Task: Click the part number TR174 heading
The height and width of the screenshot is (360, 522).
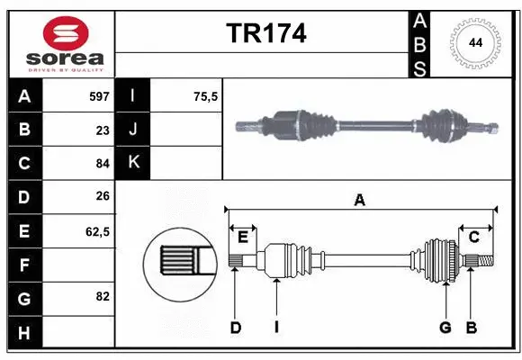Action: tap(265, 33)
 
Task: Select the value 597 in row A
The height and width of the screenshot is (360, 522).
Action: tap(98, 96)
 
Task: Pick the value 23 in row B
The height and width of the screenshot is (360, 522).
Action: tap(102, 130)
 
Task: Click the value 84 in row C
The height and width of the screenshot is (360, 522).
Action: tap(102, 164)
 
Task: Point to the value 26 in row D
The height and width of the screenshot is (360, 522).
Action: tap(102, 197)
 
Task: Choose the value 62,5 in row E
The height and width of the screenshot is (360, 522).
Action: tap(97, 231)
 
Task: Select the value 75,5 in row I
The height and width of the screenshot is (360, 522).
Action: tap(206, 96)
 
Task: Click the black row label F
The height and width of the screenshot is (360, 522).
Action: tap(24, 265)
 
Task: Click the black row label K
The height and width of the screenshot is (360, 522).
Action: tap(133, 164)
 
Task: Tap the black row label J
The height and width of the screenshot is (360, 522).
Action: tap(133, 130)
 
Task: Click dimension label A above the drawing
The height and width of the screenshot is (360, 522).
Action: tap(360, 201)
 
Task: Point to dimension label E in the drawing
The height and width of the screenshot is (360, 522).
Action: tap(243, 237)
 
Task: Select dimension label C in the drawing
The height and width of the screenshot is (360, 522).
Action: tap(473, 237)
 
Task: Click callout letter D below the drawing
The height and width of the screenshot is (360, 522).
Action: tap(235, 328)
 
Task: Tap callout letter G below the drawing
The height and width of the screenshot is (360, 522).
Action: tap(445, 328)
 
